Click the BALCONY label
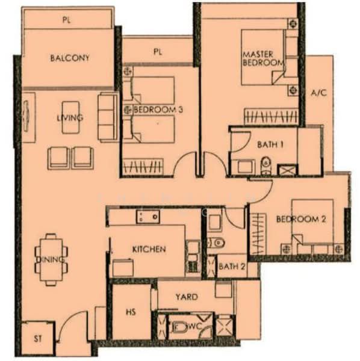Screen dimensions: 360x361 pos(70,58)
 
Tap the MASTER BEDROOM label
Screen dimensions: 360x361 pos(263,58)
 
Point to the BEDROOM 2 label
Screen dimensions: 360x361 pos(301,219)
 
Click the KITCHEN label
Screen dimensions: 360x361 pos(149,249)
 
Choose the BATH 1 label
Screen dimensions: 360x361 pos(270,144)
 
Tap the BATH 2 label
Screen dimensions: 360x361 pos(232,267)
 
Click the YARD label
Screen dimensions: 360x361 pos(187,297)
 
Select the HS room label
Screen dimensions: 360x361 pos(131,312)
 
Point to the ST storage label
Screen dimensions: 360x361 pos(38,339)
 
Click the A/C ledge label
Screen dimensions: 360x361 pos(319,93)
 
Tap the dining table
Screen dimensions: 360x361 pos(51,259)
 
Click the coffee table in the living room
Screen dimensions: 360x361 pos(70,117)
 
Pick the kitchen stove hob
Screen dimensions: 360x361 pos(147,217)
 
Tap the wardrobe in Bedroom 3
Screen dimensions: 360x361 pos(143,167)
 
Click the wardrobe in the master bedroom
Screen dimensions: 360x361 pos(271,116)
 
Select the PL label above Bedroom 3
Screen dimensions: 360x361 pos(158,52)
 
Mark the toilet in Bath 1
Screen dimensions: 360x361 pos(266,165)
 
